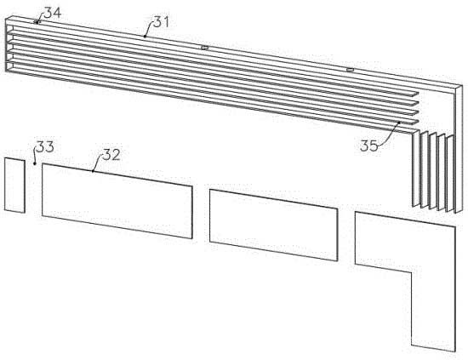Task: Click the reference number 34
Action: click(x=53, y=13)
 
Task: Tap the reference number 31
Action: click(x=161, y=22)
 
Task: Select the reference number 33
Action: click(x=45, y=146)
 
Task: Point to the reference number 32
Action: click(x=111, y=155)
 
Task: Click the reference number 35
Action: click(x=369, y=146)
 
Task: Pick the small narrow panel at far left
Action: click(x=14, y=186)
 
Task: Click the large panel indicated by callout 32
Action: click(x=117, y=201)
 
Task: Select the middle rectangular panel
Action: click(x=274, y=225)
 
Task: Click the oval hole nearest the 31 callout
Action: click(x=204, y=48)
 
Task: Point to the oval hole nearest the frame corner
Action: click(x=350, y=70)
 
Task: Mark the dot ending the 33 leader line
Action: click(x=35, y=163)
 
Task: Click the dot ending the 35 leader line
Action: click(x=399, y=122)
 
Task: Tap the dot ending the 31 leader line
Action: click(x=145, y=37)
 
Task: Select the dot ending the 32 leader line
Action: click(x=93, y=171)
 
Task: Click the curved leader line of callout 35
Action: click(x=391, y=136)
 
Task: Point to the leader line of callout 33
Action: click(x=35, y=155)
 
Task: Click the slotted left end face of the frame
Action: click(x=9, y=45)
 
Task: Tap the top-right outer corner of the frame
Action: click(x=462, y=85)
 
